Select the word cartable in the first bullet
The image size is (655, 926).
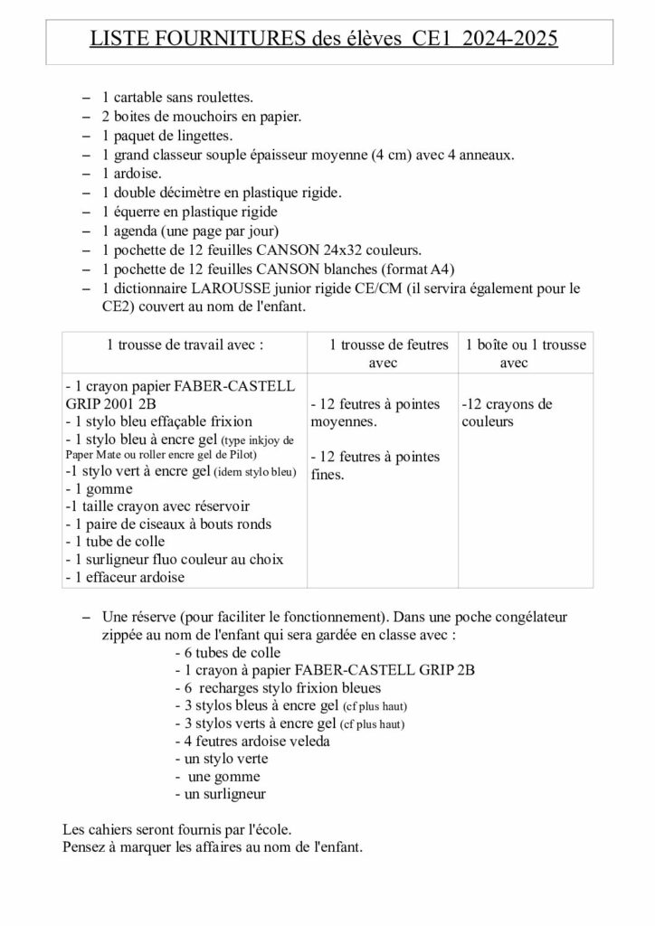tap(140, 97)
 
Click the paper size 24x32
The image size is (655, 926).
tap(353, 250)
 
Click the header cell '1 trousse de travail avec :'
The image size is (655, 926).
tap(185, 345)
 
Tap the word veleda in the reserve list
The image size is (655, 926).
tap(308, 742)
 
